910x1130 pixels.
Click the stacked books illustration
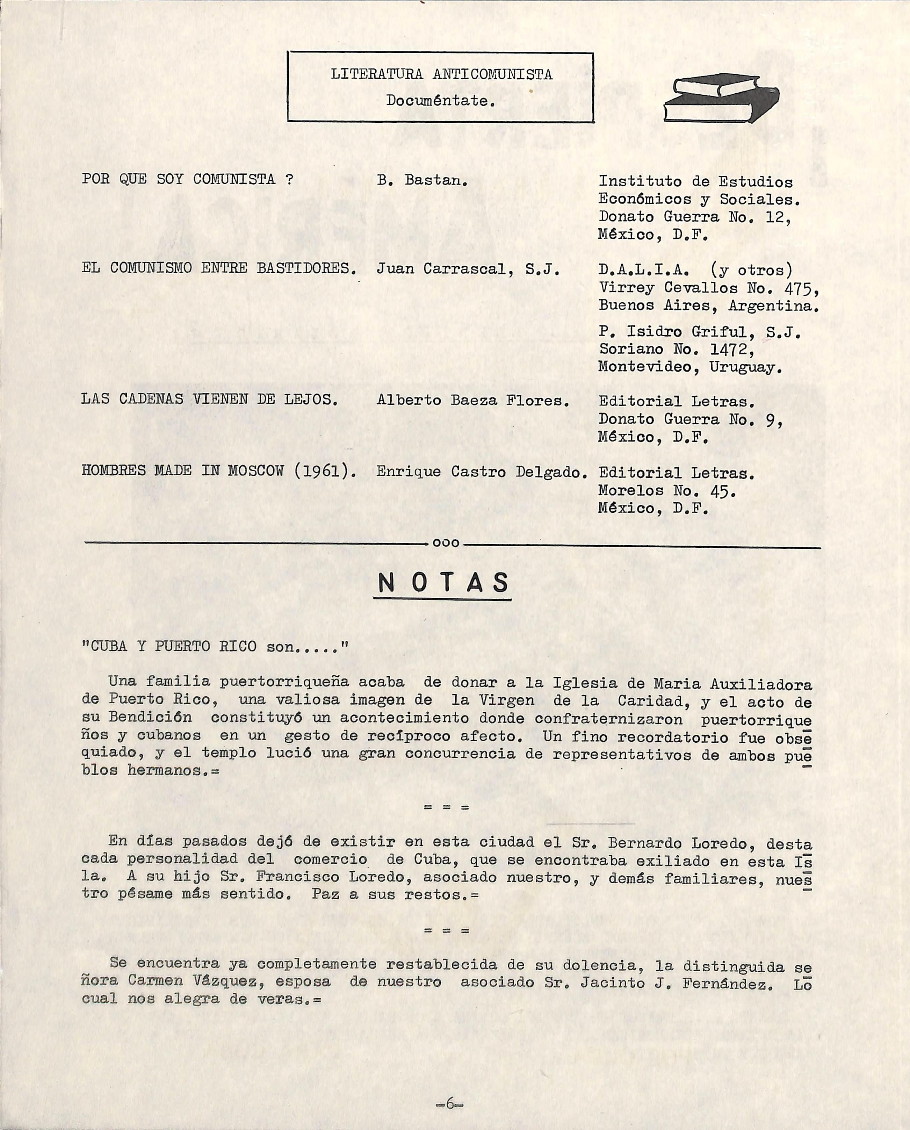coord(721,97)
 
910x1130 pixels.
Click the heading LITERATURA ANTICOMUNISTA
coord(441,74)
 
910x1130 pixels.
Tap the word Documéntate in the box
coord(440,100)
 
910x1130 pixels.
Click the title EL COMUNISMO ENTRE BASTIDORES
coord(219,268)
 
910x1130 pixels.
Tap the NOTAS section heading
coord(443,583)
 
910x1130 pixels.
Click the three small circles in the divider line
coord(446,543)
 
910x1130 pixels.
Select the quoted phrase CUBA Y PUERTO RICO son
coord(215,646)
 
